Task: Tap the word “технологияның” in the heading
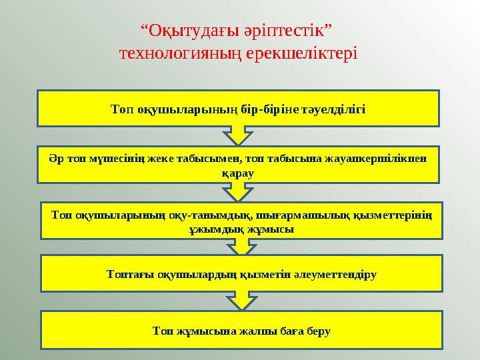pos(173,52)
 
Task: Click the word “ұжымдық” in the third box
pos(210,229)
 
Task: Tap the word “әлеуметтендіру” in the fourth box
pos(338,274)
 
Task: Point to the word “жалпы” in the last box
pos(247,330)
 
